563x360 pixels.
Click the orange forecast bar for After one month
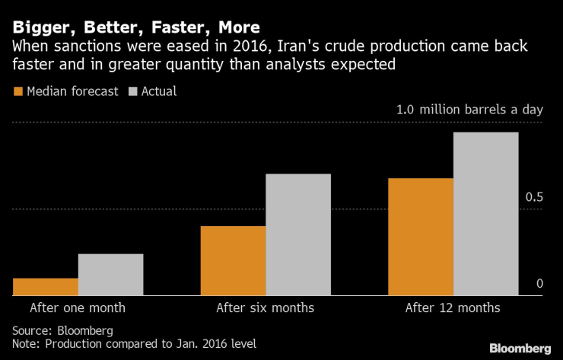tap(45, 286)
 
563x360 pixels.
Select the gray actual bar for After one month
tap(110, 274)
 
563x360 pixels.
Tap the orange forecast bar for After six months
tap(233, 260)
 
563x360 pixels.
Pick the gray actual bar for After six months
tap(298, 234)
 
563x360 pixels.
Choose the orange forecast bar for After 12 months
tap(421, 236)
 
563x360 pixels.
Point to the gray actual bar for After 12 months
tap(485, 213)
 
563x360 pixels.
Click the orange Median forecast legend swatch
tap(18, 91)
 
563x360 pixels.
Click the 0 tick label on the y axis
tap(539, 284)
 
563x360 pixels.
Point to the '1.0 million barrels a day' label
tap(469, 110)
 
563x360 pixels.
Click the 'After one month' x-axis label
tap(78, 308)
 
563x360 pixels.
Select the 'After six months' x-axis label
tap(265, 308)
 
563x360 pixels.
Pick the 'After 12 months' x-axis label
tap(453, 308)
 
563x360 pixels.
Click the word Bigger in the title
tap(38, 28)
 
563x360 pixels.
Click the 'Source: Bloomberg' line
tap(62, 330)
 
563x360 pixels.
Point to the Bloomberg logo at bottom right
tap(519, 348)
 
